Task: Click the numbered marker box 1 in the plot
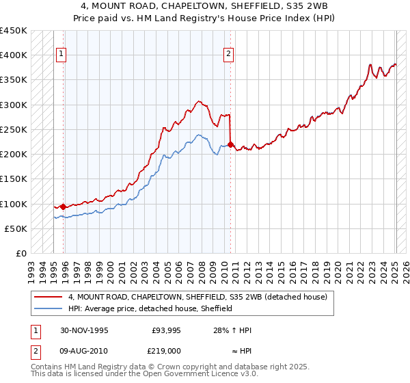click(x=61, y=55)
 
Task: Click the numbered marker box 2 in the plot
click(x=228, y=55)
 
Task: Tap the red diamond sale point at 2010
click(x=230, y=144)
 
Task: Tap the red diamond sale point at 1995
click(x=64, y=207)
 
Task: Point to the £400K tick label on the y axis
click(x=14, y=55)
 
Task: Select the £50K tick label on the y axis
click(x=16, y=228)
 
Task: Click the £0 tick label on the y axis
click(x=22, y=254)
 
